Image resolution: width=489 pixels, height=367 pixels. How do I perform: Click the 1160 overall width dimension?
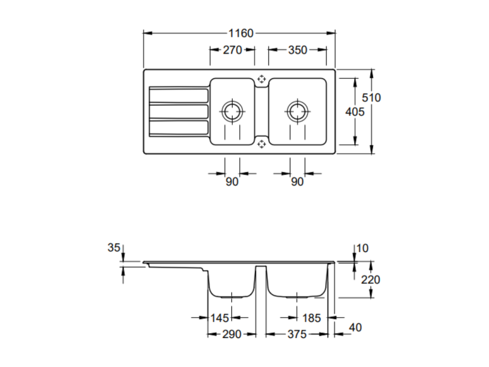click(x=241, y=33)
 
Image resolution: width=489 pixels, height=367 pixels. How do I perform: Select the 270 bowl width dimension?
click(x=233, y=50)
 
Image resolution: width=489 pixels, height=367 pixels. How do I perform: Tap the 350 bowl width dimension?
click(x=298, y=50)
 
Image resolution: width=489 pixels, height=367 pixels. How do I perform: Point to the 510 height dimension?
click(x=371, y=98)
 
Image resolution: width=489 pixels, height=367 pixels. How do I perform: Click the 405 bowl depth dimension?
click(x=355, y=112)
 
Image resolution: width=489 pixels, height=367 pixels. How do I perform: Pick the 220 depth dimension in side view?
click(x=370, y=280)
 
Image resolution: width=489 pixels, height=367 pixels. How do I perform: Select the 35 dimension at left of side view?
click(x=114, y=248)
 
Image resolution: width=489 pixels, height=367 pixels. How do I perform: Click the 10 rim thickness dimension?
click(x=362, y=248)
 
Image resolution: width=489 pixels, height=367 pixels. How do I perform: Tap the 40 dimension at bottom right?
click(x=355, y=328)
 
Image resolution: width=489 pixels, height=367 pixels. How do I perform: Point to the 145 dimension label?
click(x=220, y=318)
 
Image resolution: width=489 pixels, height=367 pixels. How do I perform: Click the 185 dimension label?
click(x=312, y=318)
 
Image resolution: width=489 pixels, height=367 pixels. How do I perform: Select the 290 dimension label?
click(x=232, y=334)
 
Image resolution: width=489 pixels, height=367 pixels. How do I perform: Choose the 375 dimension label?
click(x=297, y=334)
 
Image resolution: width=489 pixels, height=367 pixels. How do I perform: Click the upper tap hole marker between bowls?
click(x=261, y=79)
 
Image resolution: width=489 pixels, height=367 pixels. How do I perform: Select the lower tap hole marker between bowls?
click(x=261, y=144)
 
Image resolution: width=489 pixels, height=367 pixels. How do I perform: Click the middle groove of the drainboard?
click(x=179, y=112)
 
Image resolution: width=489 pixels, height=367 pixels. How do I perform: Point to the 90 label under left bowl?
click(x=232, y=182)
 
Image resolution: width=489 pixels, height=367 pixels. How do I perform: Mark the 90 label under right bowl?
click(x=297, y=182)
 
